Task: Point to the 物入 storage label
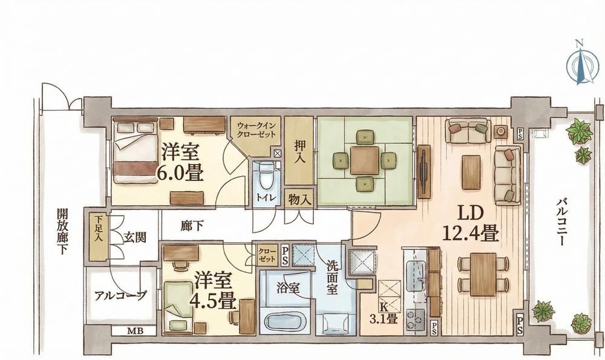pos(299,200)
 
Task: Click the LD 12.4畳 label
pos(470,223)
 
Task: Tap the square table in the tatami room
pos(365,160)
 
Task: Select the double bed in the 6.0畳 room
pos(135,151)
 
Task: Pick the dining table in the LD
pos(483,274)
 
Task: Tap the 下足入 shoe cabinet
pos(99,236)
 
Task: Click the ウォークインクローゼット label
pos(256,130)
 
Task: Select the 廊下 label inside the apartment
pos(192,226)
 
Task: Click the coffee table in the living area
pos(471,172)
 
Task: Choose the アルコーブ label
pos(120,296)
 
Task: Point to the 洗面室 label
pos(332,277)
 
